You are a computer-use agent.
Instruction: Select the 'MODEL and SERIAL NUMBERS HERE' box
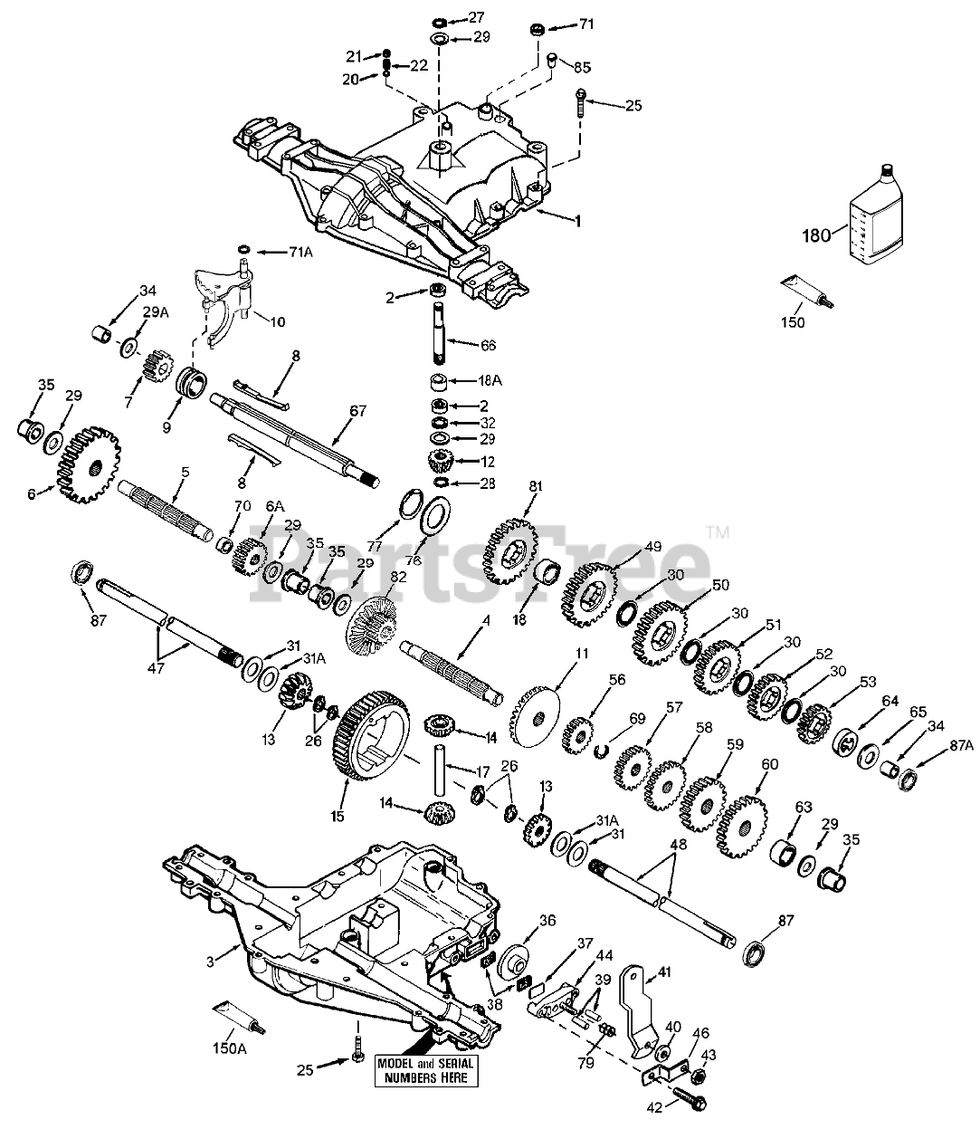(x=426, y=1071)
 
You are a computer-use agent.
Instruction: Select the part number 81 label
(x=536, y=487)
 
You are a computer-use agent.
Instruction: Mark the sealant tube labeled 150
(x=807, y=295)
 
